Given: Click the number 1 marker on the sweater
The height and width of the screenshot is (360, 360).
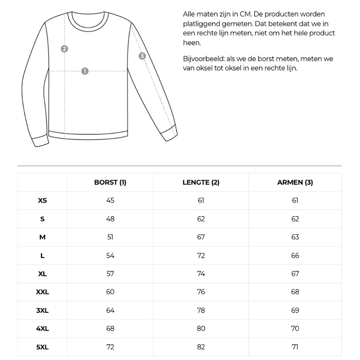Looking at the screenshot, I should pos(85,71).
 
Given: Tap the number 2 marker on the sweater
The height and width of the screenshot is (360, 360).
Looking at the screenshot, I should pos(64,49).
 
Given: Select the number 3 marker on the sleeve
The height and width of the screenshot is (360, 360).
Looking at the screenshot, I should pos(142,56).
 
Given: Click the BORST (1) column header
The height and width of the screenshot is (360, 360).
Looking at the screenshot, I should pos(110,183).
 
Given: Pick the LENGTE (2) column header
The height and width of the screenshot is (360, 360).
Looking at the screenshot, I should pos(201,183).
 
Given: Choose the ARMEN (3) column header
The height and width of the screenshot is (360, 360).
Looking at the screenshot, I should pos(295,183).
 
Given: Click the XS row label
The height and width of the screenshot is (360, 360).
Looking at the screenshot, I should pos(42,201).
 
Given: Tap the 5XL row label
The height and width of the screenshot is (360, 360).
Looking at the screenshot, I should pos(42,347).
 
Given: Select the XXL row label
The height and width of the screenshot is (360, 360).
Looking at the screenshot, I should pos(42,292).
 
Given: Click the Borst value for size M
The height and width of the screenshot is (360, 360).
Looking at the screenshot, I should pos(110,237).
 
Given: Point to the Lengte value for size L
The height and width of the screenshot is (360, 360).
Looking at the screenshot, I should pos(201,256).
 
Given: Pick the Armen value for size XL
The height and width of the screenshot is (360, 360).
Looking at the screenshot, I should pos(295,274).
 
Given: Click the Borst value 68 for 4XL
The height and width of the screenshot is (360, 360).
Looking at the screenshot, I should pos(110,329).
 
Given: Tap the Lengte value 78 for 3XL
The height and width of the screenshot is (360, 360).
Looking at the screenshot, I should pos(201,310).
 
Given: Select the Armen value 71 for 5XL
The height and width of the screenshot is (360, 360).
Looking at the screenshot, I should pos(295,347).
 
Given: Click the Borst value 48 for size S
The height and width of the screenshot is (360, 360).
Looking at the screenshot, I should pos(110,219).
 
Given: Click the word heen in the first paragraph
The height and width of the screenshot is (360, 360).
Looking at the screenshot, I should pos(191,43).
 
